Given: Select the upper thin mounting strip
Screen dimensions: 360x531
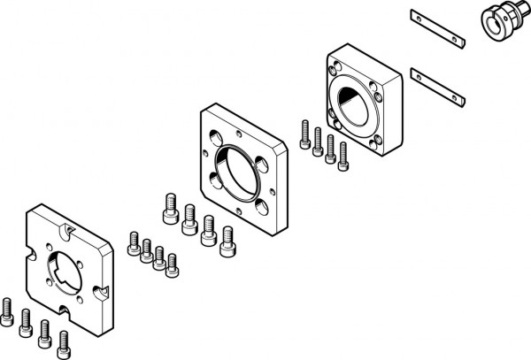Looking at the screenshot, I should pos(437,27).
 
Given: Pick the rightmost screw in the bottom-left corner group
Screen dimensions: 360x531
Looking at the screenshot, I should pos(64,341).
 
